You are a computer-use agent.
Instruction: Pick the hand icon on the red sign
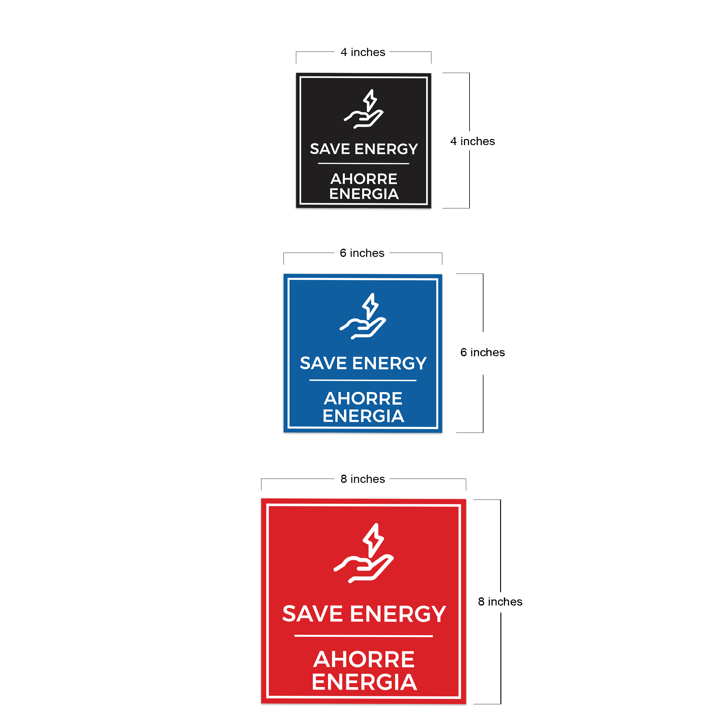(x=363, y=569)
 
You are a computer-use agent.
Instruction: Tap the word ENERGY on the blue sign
(x=390, y=363)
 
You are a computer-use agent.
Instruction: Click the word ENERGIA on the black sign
(x=364, y=194)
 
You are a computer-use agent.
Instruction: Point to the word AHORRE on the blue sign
(x=363, y=399)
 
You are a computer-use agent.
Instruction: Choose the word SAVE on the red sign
(x=312, y=614)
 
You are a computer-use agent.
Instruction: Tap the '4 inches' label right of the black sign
(x=473, y=141)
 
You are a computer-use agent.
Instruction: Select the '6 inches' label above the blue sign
(x=362, y=253)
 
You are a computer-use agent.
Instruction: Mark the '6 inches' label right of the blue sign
(x=483, y=352)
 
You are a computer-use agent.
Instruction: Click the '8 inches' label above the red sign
(x=363, y=479)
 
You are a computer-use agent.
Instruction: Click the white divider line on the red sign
(x=363, y=636)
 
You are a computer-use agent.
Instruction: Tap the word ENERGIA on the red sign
(x=364, y=682)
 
